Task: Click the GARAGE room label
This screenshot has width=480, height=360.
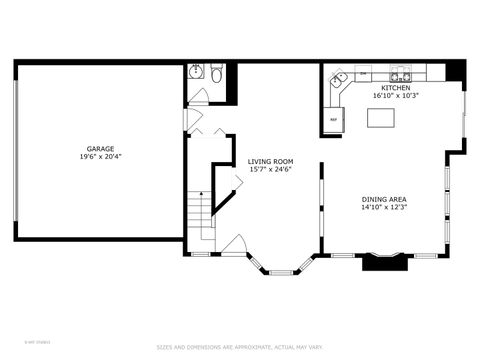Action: (x=99, y=147)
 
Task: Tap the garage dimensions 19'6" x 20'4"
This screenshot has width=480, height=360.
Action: (x=99, y=156)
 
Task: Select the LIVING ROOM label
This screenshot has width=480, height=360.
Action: (x=270, y=161)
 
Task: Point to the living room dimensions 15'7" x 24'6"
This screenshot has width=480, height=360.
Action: (x=270, y=170)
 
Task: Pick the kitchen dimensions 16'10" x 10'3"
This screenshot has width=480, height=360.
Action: (x=393, y=96)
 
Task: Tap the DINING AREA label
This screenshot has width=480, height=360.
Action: (x=384, y=198)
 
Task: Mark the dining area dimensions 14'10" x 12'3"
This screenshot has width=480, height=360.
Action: (x=384, y=208)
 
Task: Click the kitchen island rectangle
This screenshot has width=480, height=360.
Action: (x=381, y=118)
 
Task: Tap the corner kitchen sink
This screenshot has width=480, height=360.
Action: (x=340, y=77)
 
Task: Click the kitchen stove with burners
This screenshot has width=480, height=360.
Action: (x=400, y=75)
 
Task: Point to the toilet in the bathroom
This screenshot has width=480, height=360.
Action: (x=216, y=72)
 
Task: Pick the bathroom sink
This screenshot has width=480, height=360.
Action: (x=195, y=73)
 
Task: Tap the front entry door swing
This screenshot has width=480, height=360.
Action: (x=234, y=245)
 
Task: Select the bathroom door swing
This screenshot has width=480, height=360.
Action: (x=199, y=97)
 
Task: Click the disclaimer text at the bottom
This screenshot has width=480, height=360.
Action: (x=239, y=347)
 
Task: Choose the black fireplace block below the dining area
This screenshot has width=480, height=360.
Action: (x=382, y=262)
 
